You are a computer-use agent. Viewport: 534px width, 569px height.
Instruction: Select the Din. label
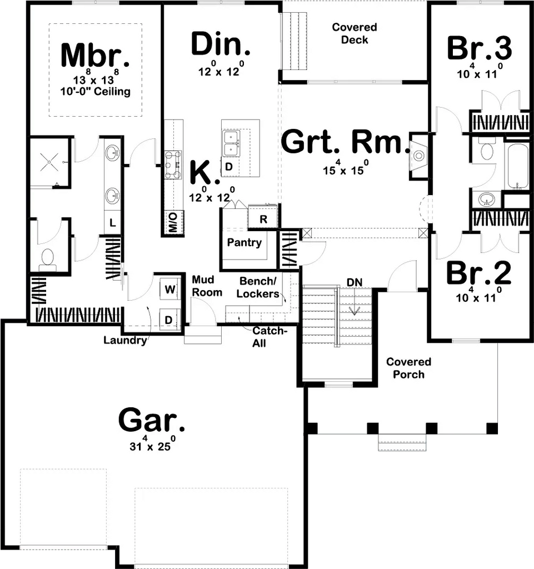(220, 45)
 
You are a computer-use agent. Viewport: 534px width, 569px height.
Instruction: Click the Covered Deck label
(355, 33)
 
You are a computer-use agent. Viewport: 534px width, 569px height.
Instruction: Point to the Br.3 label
(479, 48)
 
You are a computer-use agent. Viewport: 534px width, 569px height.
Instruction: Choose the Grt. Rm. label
(341, 142)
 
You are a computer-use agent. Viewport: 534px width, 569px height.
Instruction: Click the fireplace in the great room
(418, 156)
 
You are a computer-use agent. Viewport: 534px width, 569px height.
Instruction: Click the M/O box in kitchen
(172, 223)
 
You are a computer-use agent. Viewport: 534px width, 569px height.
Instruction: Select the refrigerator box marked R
(263, 219)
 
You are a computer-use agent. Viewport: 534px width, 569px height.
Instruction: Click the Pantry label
(244, 243)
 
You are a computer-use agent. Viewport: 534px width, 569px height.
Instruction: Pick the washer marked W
(169, 289)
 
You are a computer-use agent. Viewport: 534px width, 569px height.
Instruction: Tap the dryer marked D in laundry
(169, 320)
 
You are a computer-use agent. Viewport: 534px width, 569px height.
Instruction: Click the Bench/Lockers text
(258, 287)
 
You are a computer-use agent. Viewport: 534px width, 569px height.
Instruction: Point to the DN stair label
(354, 283)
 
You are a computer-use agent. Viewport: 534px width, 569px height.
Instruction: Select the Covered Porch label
(408, 368)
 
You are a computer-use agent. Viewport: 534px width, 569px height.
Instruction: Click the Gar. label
(151, 420)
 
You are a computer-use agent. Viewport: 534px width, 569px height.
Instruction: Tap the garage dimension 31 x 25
(151, 445)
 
